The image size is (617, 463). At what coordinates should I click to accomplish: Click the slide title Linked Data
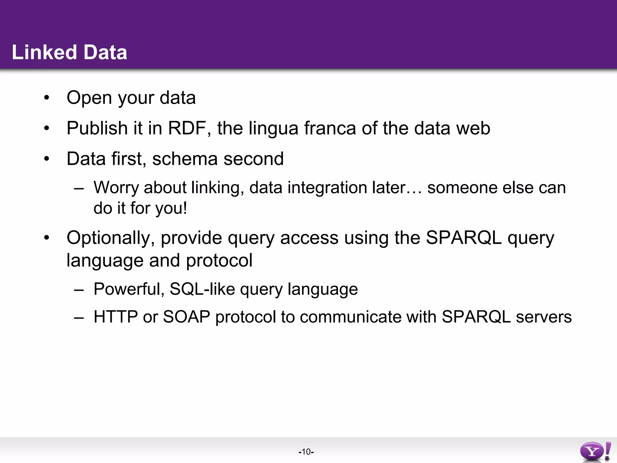point(69,52)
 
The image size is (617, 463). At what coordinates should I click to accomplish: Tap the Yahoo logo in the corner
point(595,451)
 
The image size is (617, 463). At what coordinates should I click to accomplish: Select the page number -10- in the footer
point(306,452)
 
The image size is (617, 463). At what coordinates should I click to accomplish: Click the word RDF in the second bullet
point(187,128)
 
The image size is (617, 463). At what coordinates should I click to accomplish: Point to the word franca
point(330,128)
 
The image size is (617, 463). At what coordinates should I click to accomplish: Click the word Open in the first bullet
point(89,98)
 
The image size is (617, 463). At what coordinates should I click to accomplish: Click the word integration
point(327,187)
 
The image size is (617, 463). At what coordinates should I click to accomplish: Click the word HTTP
point(116,317)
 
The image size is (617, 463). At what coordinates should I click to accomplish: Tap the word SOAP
point(186,317)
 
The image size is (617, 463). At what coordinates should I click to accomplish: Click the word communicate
point(350,317)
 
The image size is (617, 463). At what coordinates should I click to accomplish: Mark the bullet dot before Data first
point(46,159)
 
